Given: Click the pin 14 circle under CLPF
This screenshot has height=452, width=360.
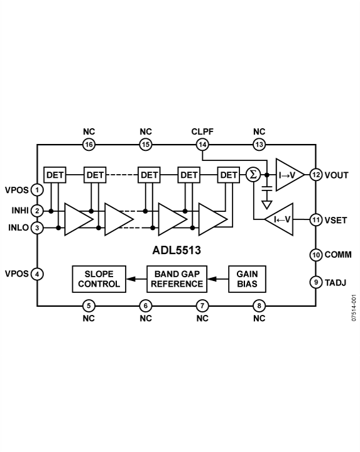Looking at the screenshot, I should click(202, 145).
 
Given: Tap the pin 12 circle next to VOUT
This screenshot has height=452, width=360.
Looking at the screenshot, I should click(315, 174).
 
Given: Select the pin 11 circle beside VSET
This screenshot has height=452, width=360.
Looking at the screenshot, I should click(315, 220).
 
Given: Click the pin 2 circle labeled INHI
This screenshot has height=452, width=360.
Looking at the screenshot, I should click(38, 211).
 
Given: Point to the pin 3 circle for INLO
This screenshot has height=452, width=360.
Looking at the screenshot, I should click(38, 228).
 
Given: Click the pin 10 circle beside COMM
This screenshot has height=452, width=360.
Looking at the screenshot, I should click(315, 255).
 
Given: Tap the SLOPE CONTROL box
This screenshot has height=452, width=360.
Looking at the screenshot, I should click(99, 278).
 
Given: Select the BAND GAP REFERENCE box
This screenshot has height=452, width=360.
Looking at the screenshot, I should click(179, 278).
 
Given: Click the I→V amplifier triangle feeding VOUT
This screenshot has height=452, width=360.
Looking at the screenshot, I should click(288, 174).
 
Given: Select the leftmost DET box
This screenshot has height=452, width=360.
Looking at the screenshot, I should click(55, 174).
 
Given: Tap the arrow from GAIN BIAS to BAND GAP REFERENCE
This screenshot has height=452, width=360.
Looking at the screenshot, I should click(217, 278).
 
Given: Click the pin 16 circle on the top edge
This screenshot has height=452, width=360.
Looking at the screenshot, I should click(89, 145).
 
